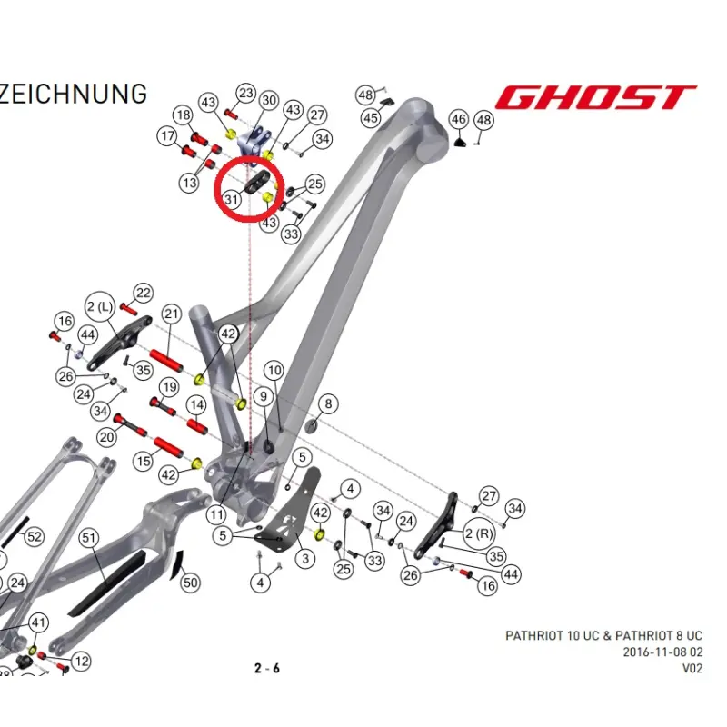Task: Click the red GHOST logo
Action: pos(595,97)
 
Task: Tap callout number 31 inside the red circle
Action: pos(232,199)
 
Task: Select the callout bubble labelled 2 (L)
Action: pos(100,306)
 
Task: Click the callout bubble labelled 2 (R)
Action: pos(479,533)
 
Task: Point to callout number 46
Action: pos(459,119)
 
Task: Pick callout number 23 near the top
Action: pos(246,93)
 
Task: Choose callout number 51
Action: pos(88,537)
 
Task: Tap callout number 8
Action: pos(328,403)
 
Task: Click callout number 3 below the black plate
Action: pos(305,558)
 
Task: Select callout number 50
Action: pos(191,583)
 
